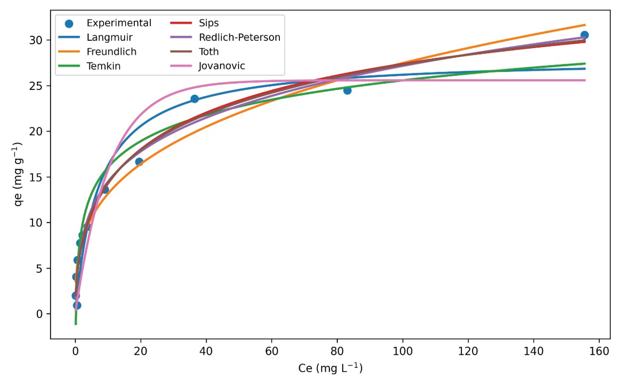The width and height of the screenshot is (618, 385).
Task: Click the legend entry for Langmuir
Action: (x=110, y=37)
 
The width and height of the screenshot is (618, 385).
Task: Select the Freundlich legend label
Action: (x=111, y=52)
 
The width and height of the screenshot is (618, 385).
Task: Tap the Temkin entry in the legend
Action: (x=104, y=66)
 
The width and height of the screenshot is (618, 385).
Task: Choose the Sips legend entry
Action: (x=209, y=23)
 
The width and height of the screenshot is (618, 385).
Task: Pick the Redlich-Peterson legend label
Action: (x=239, y=37)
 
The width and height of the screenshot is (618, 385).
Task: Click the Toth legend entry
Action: (x=209, y=52)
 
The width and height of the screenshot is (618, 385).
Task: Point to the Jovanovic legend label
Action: (x=222, y=66)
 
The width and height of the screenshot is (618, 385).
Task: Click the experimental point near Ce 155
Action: (x=584, y=35)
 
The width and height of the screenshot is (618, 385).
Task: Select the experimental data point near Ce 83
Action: (x=347, y=90)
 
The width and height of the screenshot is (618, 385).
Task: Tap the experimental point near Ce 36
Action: (x=195, y=99)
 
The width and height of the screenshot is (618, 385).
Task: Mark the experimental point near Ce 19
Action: (x=139, y=161)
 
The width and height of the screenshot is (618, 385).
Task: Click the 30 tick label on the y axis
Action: (x=36, y=40)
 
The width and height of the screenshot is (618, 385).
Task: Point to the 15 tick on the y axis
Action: (x=36, y=177)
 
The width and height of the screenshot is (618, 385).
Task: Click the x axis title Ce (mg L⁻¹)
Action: (x=330, y=368)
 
